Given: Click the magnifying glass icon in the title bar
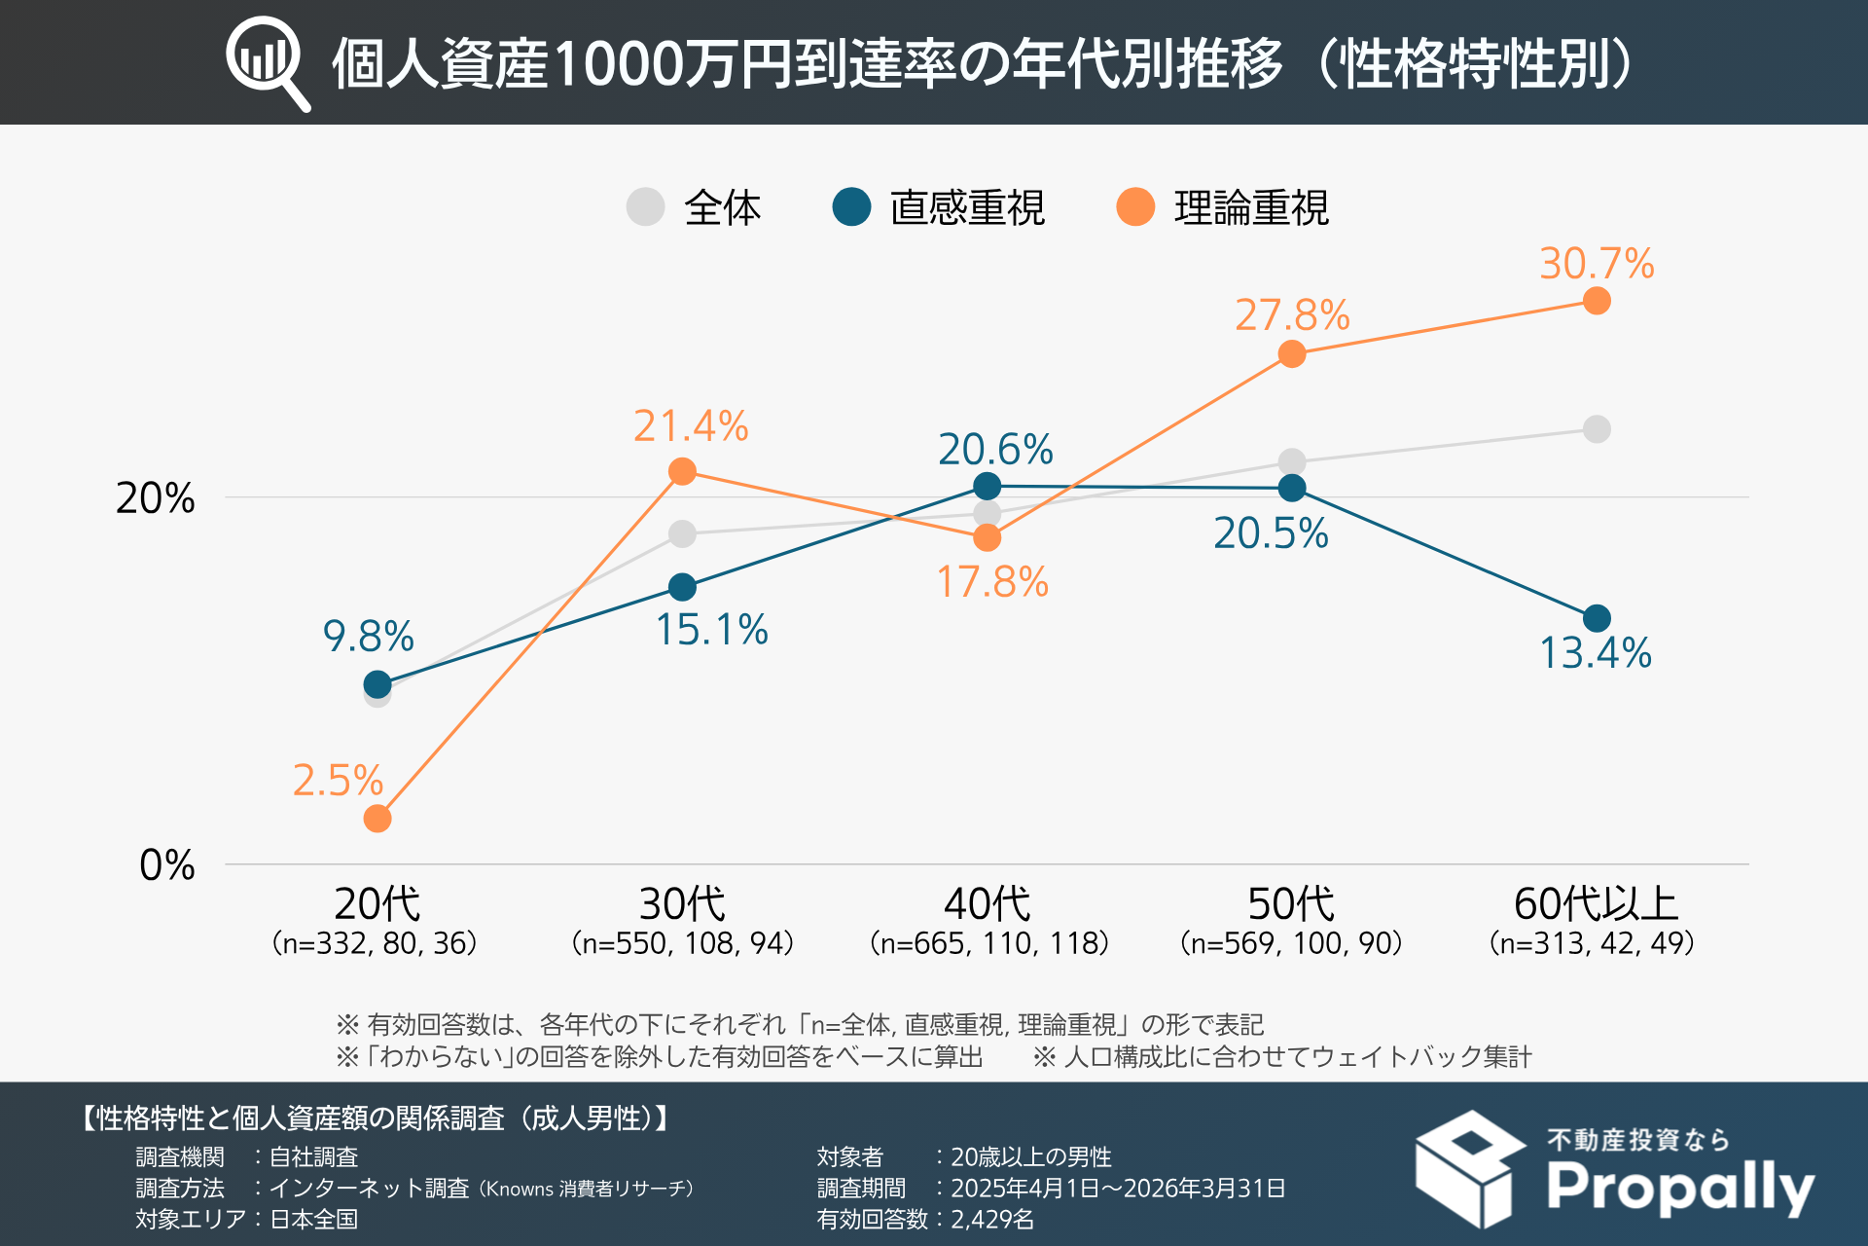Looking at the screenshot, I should coord(267,62).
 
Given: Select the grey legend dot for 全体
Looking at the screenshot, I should coord(645,206).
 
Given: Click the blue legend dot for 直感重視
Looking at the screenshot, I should coord(851,206).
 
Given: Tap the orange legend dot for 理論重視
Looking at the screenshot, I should coord(1135,206).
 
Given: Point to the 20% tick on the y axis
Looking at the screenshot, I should coord(155,498).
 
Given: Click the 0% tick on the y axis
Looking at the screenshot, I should coord(166,864).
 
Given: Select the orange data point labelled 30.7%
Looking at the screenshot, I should coord(1597,301).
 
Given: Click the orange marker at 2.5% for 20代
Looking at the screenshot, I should coord(377,819).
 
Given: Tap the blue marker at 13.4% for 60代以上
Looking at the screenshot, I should coord(1597,618).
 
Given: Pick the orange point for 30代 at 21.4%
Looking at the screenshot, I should coord(683,472).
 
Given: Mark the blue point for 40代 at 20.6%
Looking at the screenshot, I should coord(988,486).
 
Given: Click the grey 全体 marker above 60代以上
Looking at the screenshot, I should coord(1597,429).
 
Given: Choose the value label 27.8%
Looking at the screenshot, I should coord(1292,315).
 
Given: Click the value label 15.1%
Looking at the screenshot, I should coord(711,630).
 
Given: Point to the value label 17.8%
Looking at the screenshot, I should coord(992,582).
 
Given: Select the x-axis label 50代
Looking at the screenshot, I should coord(1291,904).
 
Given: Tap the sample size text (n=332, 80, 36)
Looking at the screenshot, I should coord(375,943).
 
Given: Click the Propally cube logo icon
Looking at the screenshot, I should coord(1469,1168).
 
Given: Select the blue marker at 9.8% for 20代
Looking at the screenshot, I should coord(377,684).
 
